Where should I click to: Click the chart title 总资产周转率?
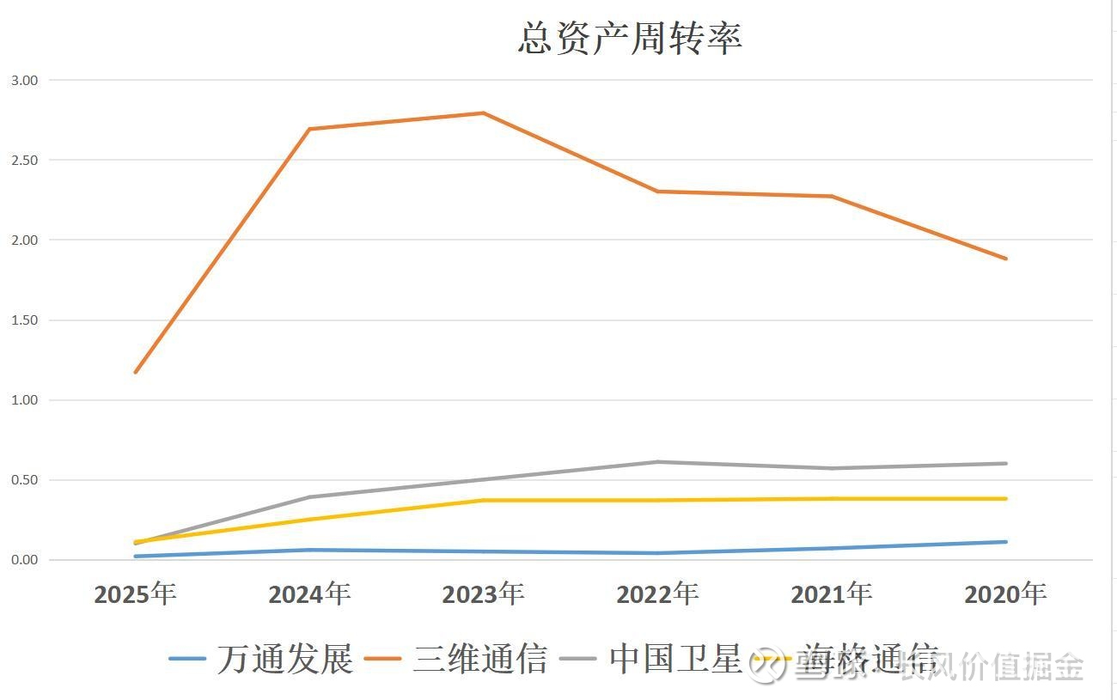630,38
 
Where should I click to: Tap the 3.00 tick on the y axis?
24,80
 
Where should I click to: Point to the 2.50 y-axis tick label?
24,160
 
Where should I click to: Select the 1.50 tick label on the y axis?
24,320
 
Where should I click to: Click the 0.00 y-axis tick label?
24,560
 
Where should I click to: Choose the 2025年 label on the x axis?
135,594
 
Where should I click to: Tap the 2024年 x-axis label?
309,594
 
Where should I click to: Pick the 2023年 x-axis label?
483,594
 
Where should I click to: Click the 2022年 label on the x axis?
657,594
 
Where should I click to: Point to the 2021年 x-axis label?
832,594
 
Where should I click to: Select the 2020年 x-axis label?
1005,594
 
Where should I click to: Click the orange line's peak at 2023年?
483,113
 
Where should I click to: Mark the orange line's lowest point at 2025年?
136,372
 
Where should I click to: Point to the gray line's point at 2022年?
657,462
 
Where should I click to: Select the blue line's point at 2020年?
1005,542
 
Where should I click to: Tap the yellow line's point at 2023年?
483,500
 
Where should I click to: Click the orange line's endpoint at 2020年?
1005,259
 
